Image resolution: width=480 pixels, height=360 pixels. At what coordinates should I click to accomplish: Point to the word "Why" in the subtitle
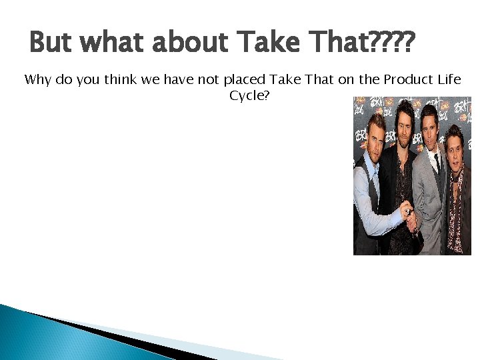tap(36, 80)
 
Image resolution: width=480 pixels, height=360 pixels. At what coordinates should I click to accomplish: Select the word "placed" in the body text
tap(244, 80)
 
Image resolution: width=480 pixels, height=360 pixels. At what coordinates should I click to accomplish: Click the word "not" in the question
tap(208, 80)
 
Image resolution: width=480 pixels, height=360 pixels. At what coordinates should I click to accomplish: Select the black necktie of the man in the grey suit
tap(437, 162)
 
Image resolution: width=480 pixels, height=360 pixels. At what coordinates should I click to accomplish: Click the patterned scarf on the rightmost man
tap(457, 200)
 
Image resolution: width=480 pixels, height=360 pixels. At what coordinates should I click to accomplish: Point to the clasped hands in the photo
tap(413, 220)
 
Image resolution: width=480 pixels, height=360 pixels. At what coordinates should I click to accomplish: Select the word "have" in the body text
tap(177, 80)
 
